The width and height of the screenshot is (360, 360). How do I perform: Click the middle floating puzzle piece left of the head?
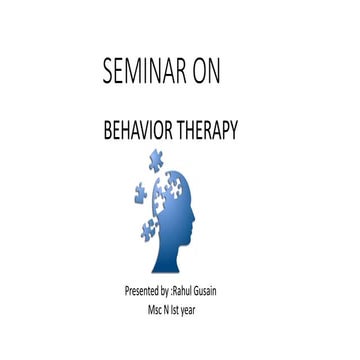pyautogui.click(x=140, y=193)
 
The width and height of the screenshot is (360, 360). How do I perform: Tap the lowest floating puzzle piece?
pyautogui.click(x=148, y=230)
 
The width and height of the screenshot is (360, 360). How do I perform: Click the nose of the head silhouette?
pyautogui.click(x=194, y=217)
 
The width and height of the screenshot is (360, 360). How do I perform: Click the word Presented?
pyautogui.click(x=142, y=291)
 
